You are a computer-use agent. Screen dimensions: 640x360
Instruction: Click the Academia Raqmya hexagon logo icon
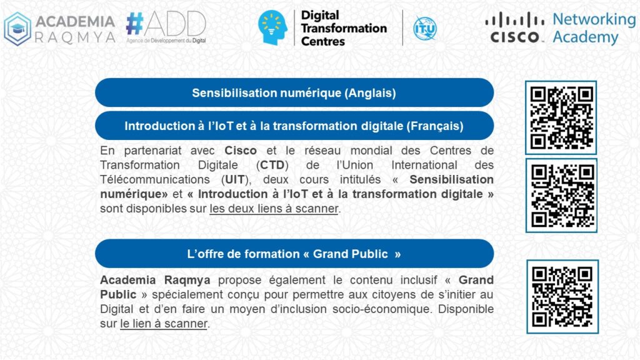pyautogui.click(x=17, y=29)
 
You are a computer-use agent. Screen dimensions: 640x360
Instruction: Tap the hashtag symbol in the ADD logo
pyautogui.click(x=135, y=23)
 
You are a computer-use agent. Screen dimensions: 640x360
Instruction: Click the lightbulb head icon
pyautogui.click(x=272, y=27)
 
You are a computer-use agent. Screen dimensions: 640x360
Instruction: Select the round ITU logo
pyautogui.click(x=424, y=28)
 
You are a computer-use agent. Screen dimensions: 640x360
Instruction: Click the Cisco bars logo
pyautogui.click(x=515, y=27)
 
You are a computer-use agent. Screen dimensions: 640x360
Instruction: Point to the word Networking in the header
pyautogui.click(x=594, y=19)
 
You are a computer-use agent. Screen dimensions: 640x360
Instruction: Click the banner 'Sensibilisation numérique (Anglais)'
pyautogui.click(x=294, y=92)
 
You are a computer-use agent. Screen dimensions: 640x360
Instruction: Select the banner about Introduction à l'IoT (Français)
pyautogui.click(x=294, y=126)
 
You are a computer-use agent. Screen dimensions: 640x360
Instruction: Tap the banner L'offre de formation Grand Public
pyautogui.click(x=294, y=254)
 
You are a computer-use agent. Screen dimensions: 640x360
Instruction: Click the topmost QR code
pyautogui.click(x=561, y=117)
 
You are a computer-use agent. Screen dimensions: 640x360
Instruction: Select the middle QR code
pyautogui.click(x=561, y=196)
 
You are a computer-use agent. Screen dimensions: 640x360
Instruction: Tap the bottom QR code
pyautogui.click(x=562, y=297)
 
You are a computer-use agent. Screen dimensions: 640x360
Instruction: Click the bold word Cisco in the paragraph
pyautogui.click(x=241, y=151)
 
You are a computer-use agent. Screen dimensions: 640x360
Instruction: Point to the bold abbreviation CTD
pyautogui.click(x=272, y=165)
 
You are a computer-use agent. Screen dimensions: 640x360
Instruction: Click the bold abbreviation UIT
pyautogui.click(x=235, y=179)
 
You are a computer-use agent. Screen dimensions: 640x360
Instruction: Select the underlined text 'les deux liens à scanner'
pyautogui.click(x=274, y=209)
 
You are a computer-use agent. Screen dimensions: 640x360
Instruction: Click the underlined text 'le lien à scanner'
pyautogui.click(x=164, y=324)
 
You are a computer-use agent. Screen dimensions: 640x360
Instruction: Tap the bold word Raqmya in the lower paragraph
pyautogui.click(x=187, y=281)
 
